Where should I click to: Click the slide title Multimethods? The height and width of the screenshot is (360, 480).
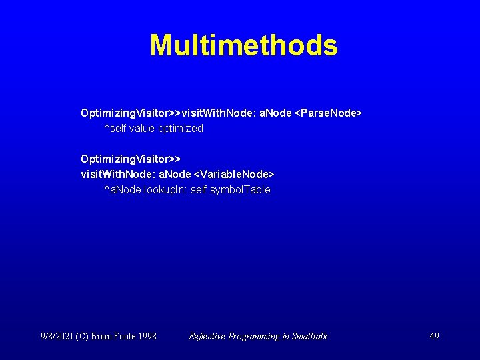coord(243,45)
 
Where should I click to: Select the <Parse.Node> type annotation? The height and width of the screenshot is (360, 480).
coord(328,113)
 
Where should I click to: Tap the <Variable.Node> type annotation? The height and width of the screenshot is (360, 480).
coord(233,174)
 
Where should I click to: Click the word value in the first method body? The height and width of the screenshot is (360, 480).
coord(141,129)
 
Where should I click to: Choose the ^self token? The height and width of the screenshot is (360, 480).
coord(115,129)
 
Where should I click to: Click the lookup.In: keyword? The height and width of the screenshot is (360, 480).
coord(166,190)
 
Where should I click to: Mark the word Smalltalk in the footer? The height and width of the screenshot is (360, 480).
coord(309,336)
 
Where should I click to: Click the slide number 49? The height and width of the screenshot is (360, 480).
coord(434,336)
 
